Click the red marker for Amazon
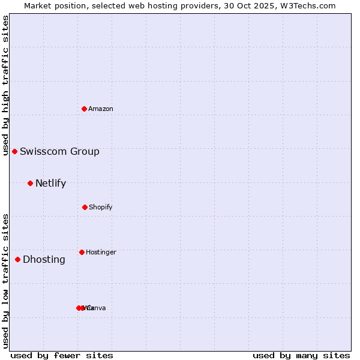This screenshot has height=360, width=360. point(85,109)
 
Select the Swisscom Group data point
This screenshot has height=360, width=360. point(14,151)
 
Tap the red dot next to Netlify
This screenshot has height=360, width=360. point(30,183)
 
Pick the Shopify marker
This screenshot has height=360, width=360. point(85,207)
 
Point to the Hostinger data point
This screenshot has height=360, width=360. point(82,252)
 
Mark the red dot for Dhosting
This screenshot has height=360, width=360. point(17,259)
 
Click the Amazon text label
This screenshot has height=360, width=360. point(101,109)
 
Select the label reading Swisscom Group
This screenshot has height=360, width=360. point(59,151)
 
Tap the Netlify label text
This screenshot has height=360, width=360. point(50,183)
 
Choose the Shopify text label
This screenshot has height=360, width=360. point(101,207)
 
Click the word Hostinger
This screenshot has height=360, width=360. point(101,252)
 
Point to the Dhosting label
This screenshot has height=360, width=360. point(44,259)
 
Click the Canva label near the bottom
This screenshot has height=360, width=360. point(97,308)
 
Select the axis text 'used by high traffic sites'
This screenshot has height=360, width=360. point(5,85)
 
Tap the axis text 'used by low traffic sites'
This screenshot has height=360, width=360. point(5,280)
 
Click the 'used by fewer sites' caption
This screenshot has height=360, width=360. point(62,355)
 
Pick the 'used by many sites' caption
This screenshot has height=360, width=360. point(301,355)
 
